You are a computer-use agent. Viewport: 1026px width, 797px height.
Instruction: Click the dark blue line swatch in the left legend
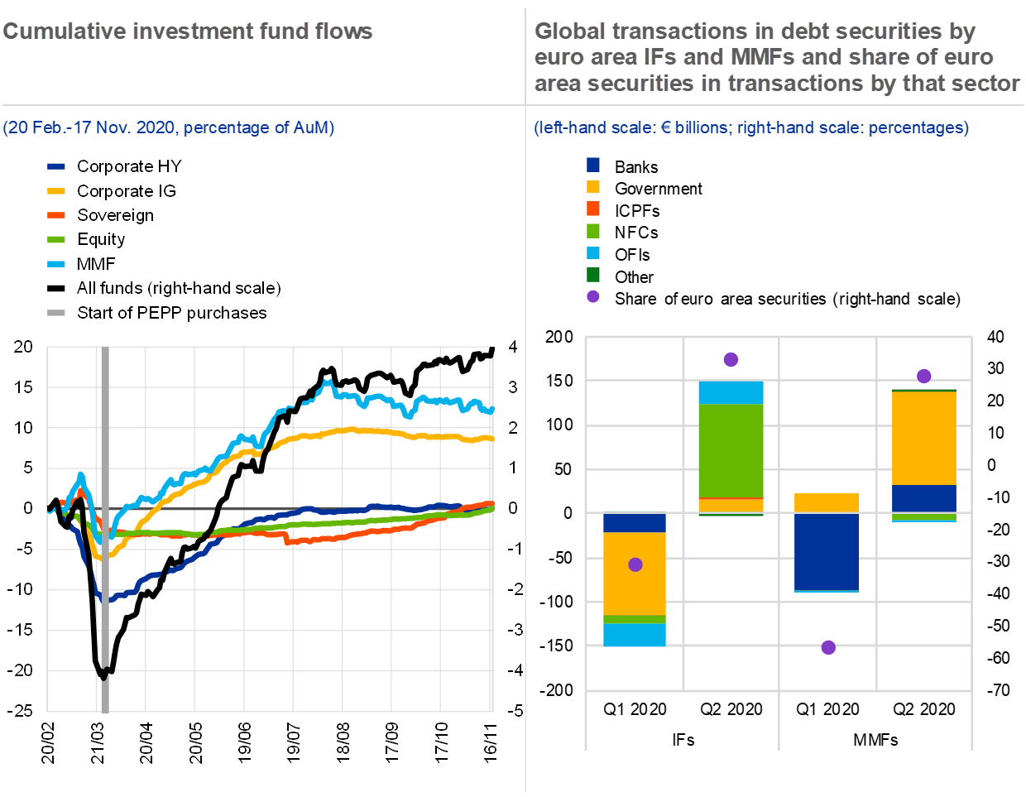pyautogui.click(x=56, y=166)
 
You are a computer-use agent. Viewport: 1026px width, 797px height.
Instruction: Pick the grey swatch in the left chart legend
pyautogui.click(x=56, y=313)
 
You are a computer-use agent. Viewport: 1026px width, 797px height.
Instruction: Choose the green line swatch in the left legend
pyautogui.click(x=56, y=240)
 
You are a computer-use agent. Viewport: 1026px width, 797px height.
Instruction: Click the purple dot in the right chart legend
pyautogui.click(x=593, y=296)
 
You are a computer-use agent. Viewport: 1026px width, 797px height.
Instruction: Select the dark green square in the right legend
pyautogui.click(x=593, y=275)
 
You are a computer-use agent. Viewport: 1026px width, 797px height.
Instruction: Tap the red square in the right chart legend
pyautogui.click(x=593, y=209)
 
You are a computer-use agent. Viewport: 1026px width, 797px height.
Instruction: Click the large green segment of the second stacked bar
pyautogui.click(x=731, y=450)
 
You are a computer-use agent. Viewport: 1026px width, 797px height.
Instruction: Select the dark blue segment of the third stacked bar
pyautogui.click(x=826, y=551)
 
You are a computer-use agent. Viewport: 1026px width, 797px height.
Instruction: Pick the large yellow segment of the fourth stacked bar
pyautogui.click(x=923, y=438)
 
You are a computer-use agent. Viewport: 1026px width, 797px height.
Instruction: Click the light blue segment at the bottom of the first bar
pyautogui.click(x=635, y=635)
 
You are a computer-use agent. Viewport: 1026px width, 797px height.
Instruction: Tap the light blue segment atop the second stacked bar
pyautogui.click(x=731, y=392)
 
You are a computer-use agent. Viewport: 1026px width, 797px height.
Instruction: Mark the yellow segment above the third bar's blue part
pyautogui.click(x=826, y=502)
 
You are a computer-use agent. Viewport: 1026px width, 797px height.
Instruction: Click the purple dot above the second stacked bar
pyautogui.click(x=731, y=359)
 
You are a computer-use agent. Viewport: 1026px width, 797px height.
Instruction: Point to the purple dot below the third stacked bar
pyautogui.click(x=828, y=647)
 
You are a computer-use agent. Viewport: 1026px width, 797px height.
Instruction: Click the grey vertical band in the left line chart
pyautogui.click(x=104, y=530)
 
